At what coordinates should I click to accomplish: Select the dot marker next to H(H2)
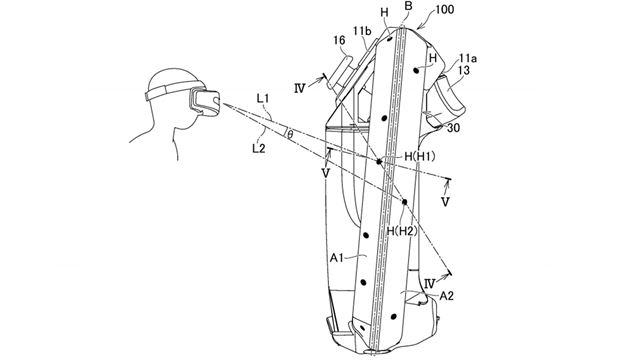(x=404, y=203)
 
